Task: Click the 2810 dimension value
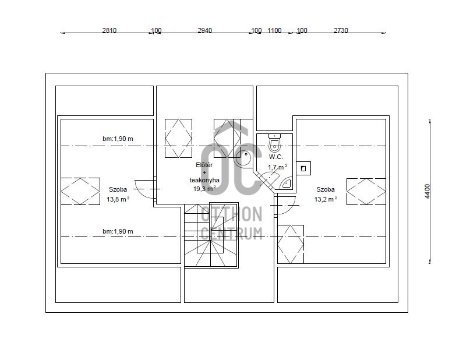point(109,30)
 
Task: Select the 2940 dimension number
point(204,30)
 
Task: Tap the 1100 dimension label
point(274,30)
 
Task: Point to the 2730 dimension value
point(341,30)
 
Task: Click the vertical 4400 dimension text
point(427,191)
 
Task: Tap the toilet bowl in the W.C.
point(275,143)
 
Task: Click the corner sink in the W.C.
point(286,183)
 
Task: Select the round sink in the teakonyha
point(243,158)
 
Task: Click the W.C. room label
point(275,157)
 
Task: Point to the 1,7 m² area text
point(278,167)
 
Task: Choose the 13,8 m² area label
point(118,199)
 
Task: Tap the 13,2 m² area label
point(326,199)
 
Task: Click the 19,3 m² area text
point(204,188)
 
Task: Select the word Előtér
point(204,165)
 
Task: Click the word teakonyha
point(204,180)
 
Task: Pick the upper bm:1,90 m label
point(118,139)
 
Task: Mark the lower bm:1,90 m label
point(118,231)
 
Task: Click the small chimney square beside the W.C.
point(303,168)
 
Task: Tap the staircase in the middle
point(211,235)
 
